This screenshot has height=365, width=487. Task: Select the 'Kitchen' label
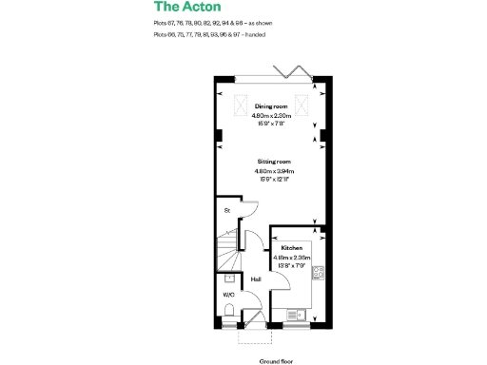coord(291,247)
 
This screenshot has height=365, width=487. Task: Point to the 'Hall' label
coord(256,279)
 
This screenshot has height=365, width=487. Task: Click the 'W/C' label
coord(228,296)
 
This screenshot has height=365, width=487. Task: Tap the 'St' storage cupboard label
coord(227,210)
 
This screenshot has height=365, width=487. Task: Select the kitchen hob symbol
coord(320,273)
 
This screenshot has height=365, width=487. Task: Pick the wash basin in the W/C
coord(231,279)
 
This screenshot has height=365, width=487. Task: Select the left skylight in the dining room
coord(238,103)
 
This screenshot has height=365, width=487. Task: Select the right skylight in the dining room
coord(305,103)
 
